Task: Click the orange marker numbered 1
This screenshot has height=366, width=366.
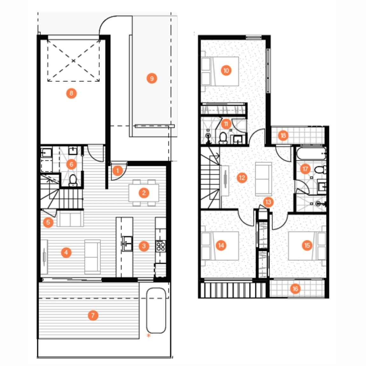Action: [x=117, y=171]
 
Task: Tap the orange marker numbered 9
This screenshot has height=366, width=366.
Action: [x=152, y=78]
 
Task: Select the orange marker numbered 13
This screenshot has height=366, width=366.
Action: [x=268, y=202]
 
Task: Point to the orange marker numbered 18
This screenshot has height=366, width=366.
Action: [x=283, y=135]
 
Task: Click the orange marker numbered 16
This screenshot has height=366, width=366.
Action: [x=295, y=289]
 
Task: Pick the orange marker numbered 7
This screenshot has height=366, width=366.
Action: [x=93, y=315]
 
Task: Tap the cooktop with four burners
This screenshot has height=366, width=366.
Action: [x=161, y=246]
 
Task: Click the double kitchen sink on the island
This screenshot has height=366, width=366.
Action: [x=127, y=244]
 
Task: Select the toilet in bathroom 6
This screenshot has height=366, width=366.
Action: [x=73, y=180]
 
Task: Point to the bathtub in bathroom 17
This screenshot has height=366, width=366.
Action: [x=311, y=154]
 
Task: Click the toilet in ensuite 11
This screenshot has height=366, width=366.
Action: [x=223, y=138]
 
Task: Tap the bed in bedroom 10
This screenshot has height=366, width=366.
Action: [x=220, y=71]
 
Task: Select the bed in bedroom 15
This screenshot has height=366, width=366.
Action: [x=307, y=246]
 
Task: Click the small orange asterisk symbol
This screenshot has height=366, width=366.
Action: [x=148, y=336]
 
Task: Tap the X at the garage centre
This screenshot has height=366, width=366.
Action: [x=74, y=61]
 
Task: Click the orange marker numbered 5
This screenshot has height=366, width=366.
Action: [x=48, y=222]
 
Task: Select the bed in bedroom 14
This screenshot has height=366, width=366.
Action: [x=220, y=246]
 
